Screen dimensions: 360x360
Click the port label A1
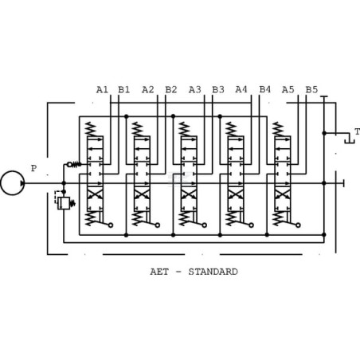pos(102,90)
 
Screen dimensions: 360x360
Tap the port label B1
pos(124,90)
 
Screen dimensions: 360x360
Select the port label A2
pos(148,90)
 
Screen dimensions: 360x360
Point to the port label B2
pos(171,90)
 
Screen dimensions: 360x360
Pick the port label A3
pos(195,90)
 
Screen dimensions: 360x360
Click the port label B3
pos(218,90)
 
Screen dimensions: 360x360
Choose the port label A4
pos(241,89)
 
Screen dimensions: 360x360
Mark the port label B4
pos(265,89)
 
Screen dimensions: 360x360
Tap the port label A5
pos(288,90)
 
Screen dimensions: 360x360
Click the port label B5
pos(311,90)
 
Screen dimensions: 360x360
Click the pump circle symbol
pos(13,183)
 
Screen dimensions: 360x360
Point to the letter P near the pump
pos(33,168)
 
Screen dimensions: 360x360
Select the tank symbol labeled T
pos(350,138)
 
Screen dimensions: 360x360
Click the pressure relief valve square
pos(64,203)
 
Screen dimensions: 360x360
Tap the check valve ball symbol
pos(69,165)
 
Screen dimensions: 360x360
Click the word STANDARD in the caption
pos(213,272)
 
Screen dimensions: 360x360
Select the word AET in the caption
pos(159,272)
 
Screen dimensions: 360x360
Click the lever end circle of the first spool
pos(111,225)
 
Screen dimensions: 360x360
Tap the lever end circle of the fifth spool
pos(298,225)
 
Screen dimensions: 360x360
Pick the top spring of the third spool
pos(185,129)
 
